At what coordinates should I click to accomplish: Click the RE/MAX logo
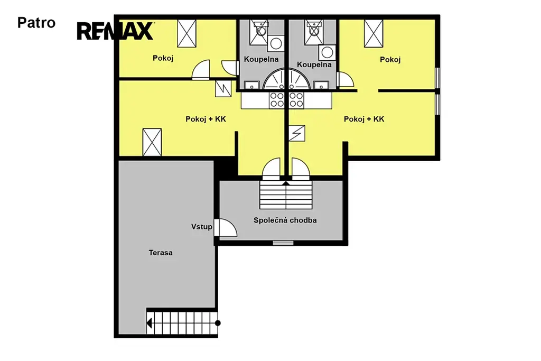(115, 31)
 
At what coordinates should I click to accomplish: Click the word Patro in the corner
(36, 23)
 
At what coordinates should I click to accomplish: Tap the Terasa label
(161, 253)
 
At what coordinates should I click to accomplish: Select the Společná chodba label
(285, 220)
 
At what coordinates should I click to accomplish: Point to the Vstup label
(201, 227)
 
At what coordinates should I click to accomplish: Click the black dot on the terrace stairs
(218, 323)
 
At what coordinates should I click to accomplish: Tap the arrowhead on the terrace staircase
(149, 323)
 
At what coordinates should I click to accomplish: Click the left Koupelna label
(261, 59)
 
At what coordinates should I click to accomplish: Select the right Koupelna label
(314, 64)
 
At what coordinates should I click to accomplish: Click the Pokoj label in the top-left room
(163, 58)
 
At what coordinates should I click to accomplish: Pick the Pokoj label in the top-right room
(390, 60)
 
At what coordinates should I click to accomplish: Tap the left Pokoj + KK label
(206, 119)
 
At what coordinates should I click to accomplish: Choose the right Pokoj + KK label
(364, 119)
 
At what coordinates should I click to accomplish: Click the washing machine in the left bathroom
(276, 43)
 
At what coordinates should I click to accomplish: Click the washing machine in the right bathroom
(327, 52)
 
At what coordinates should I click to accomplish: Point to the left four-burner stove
(277, 100)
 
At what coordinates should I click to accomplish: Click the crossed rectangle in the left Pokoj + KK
(152, 142)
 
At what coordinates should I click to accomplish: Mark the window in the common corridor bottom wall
(283, 243)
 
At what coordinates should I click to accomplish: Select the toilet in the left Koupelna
(259, 30)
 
